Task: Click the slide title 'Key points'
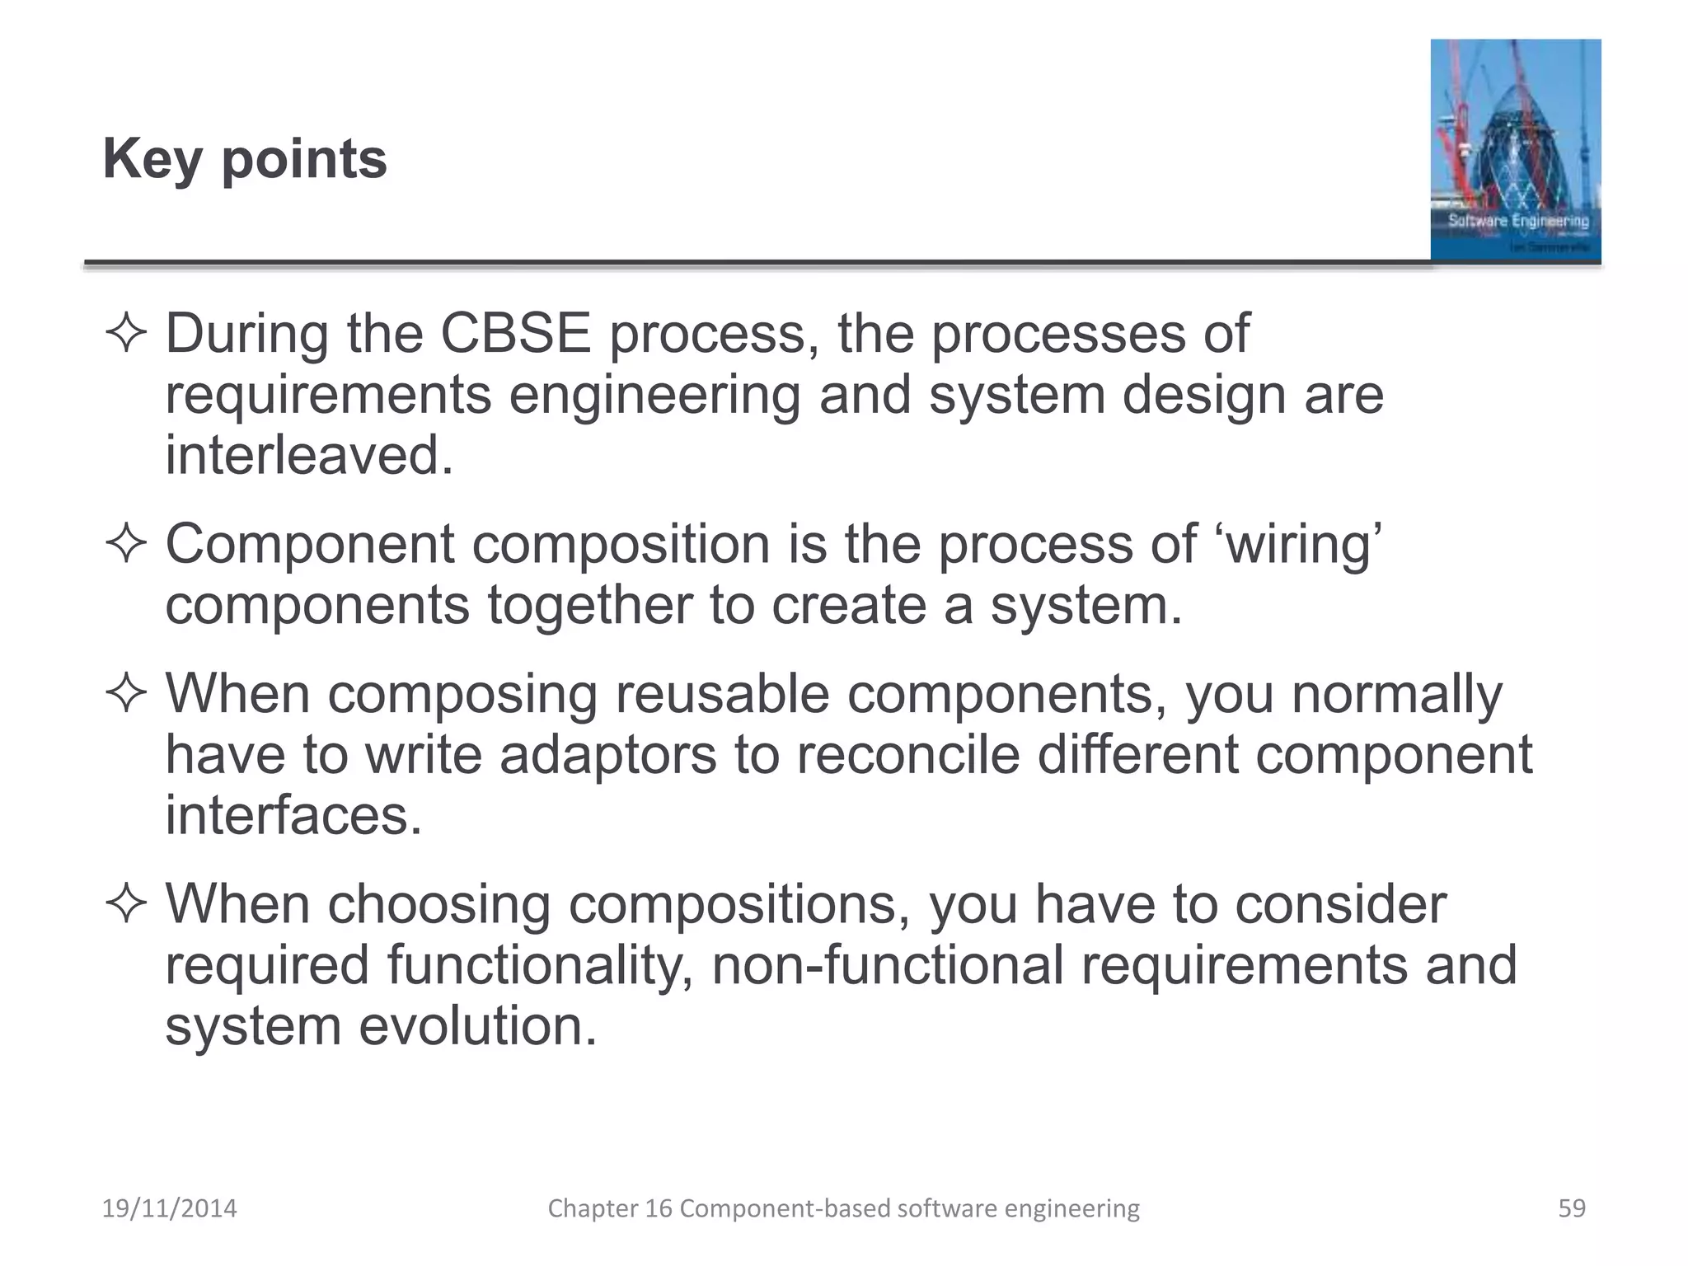click(245, 158)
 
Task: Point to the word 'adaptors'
click(608, 754)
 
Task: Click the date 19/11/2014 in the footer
click(169, 1208)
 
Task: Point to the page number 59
click(1571, 1208)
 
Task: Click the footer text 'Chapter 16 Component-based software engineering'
click(843, 1208)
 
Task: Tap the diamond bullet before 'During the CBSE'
click(126, 335)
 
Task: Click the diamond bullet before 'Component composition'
click(126, 546)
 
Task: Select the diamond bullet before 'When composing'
click(126, 695)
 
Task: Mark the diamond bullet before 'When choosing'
click(126, 905)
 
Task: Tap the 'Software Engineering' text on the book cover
click(1518, 221)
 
